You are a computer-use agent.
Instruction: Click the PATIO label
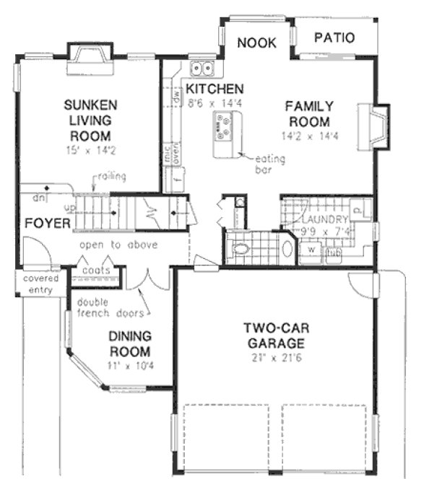pos(334,38)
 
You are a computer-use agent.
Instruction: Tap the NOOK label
pos(256,43)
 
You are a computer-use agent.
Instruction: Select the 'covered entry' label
pos(40,284)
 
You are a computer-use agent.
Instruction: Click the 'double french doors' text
pos(111,307)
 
